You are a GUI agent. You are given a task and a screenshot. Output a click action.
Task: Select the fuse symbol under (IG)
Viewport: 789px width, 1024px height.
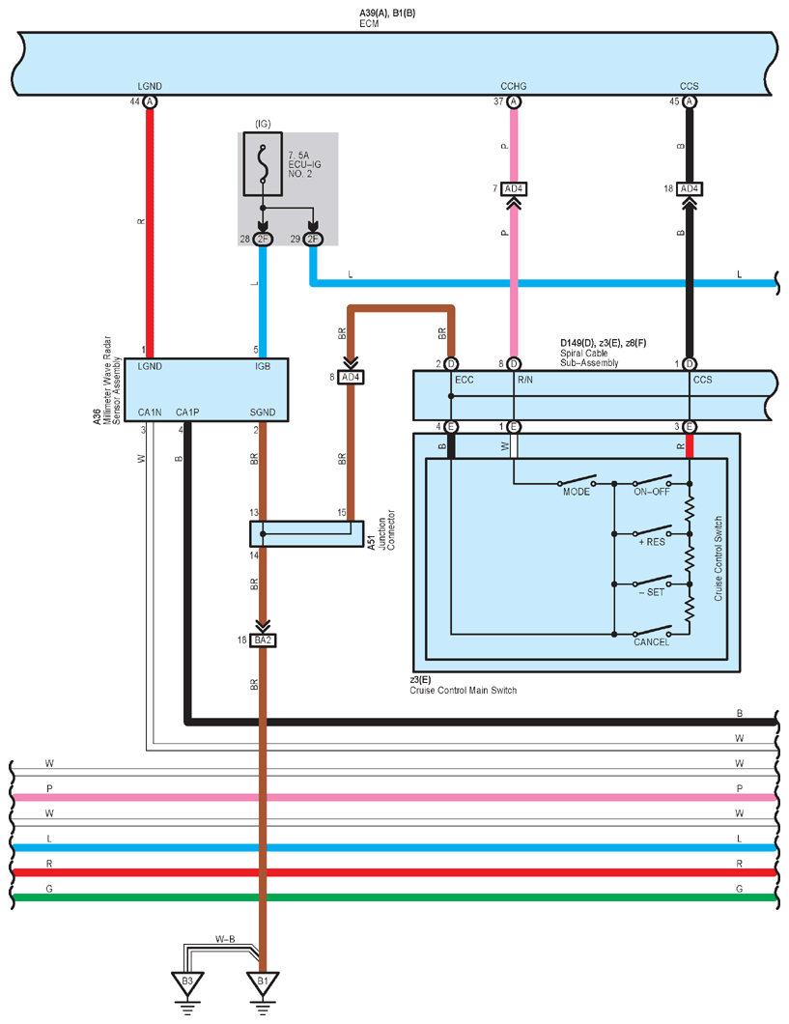point(263,163)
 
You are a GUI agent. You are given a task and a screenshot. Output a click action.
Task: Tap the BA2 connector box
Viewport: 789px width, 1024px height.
point(263,640)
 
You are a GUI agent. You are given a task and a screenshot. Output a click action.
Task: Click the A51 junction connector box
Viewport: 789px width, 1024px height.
point(307,533)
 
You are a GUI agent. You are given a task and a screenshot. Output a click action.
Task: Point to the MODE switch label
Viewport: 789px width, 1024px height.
point(577,492)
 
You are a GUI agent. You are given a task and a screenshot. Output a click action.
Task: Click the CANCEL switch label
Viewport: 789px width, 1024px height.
point(651,642)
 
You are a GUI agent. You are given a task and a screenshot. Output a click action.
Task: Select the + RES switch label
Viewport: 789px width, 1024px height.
point(652,542)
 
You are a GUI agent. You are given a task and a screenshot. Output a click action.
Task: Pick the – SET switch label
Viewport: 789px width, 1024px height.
point(652,592)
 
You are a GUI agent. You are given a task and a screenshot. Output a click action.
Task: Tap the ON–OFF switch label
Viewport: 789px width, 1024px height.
point(651,492)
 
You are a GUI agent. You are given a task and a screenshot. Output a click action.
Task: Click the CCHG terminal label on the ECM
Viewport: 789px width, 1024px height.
point(514,86)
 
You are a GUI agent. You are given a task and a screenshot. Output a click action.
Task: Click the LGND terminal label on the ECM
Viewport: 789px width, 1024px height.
point(150,86)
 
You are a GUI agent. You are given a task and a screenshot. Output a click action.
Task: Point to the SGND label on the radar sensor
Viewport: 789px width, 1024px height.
point(263,412)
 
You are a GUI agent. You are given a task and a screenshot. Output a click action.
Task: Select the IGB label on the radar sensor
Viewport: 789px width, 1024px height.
point(263,366)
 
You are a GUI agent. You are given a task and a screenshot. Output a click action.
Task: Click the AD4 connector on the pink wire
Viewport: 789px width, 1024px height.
point(514,188)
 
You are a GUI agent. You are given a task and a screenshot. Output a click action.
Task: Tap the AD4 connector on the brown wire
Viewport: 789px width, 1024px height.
point(351,378)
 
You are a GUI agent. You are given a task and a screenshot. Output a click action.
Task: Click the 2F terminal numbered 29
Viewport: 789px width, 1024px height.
point(313,239)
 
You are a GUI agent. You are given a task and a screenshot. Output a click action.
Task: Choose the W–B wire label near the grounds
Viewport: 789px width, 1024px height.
point(225,939)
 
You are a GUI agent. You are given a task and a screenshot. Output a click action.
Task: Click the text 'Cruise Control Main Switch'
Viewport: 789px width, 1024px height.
point(464,691)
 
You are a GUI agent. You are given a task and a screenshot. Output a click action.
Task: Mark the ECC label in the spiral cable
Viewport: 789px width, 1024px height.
point(464,380)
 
